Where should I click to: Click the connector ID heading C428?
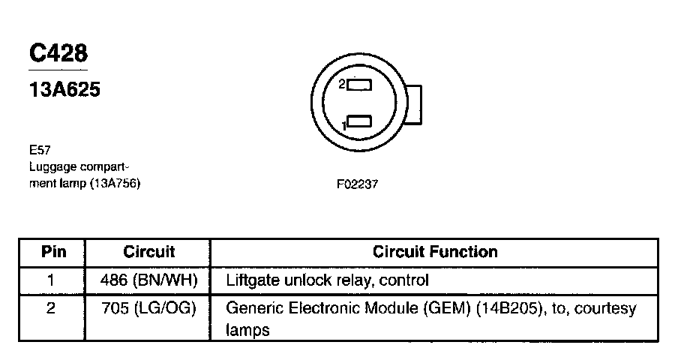pyautogui.click(x=58, y=54)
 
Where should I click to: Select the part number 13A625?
pyautogui.click(x=64, y=90)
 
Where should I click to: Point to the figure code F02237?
pyautogui.click(x=357, y=184)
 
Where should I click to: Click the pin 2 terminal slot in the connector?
pyautogui.click(x=359, y=85)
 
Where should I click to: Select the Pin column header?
pyautogui.click(x=53, y=252)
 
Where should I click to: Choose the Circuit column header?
pyautogui.click(x=148, y=252)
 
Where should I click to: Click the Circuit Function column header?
pyautogui.click(x=435, y=252)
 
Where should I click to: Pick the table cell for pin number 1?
pyautogui.click(x=52, y=280)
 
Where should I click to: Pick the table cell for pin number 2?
pyautogui.click(x=52, y=308)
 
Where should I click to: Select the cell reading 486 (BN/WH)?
pyautogui.click(x=148, y=280)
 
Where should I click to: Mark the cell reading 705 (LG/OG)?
pyautogui.click(x=148, y=308)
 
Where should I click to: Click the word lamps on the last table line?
pyautogui.click(x=247, y=330)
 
